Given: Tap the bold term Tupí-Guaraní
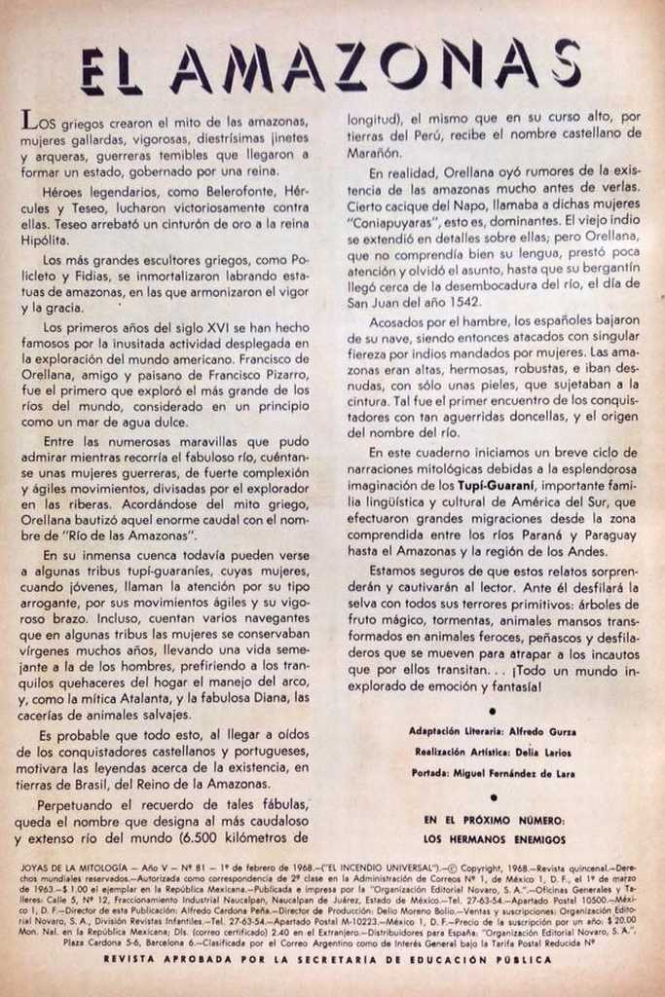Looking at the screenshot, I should (501, 485).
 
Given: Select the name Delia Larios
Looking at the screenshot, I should (551, 752).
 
